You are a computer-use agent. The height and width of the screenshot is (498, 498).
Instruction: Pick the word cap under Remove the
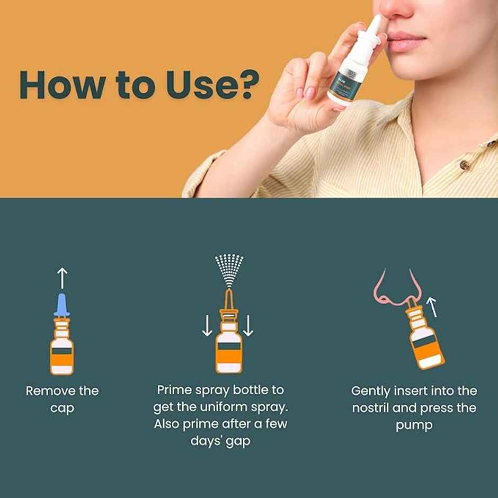click(62, 408)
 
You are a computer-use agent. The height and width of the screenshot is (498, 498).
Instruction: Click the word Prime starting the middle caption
click(173, 390)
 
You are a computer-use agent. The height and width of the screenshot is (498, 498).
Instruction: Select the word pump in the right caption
click(414, 425)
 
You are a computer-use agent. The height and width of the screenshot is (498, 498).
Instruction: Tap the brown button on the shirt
click(465, 165)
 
